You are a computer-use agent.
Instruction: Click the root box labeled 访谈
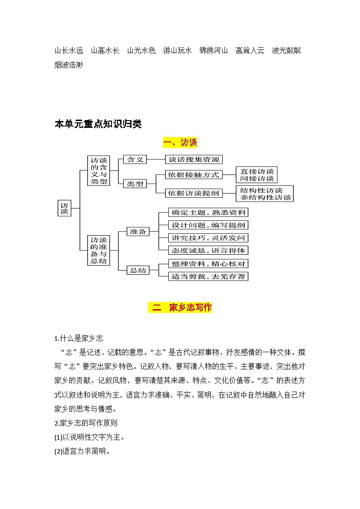(64, 208)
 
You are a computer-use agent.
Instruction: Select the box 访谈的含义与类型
(98, 170)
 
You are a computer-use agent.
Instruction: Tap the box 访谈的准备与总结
(98, 250)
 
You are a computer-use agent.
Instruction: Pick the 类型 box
(135, 184)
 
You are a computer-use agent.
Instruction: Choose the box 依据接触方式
(193, 175)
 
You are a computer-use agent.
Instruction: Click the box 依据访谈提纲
(193, 193)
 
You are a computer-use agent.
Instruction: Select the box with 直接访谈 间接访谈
(257, 175)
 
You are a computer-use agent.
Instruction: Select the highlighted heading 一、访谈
(180, 143)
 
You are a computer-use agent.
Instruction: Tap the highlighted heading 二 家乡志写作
(180, 308)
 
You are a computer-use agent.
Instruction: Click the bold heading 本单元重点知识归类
(98, 124)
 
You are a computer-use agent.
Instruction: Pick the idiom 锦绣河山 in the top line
(213, 50)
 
